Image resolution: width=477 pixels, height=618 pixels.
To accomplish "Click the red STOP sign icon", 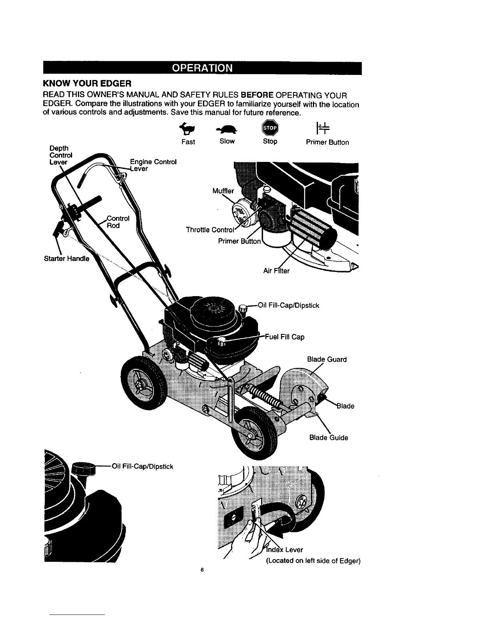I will click(270, 128).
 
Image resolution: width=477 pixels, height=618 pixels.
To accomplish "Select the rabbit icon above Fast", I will click(188, 128).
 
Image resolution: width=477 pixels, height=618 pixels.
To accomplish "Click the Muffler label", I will click(223, 191).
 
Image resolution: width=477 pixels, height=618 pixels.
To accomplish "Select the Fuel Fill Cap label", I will click(284, 337).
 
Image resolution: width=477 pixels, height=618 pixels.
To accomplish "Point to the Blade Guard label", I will click(327, 359).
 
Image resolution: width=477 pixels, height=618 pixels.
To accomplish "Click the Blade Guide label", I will click(329, 437).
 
